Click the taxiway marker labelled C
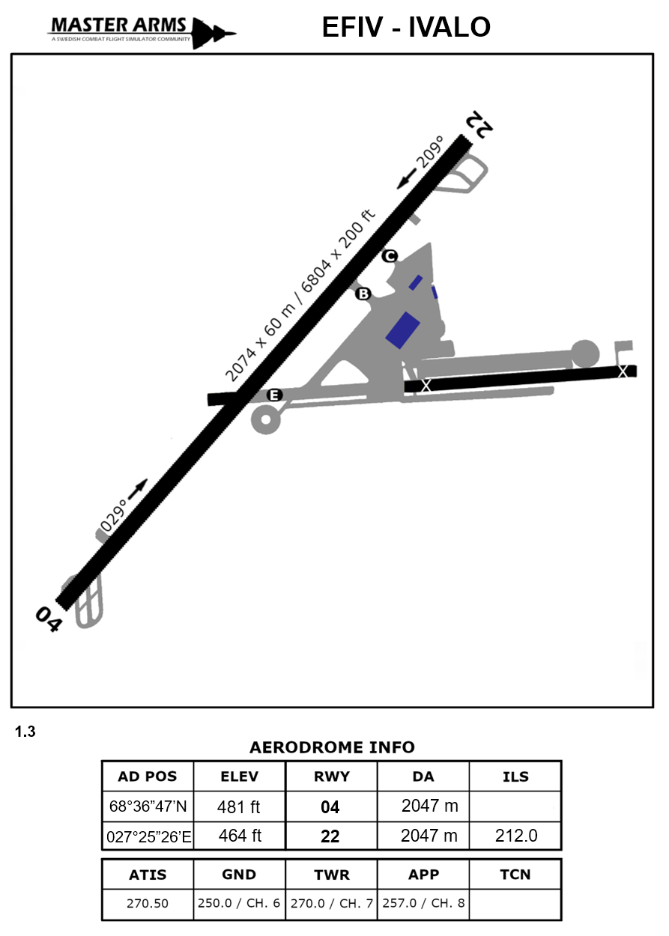[x=390, y=257]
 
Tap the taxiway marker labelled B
[x=363, y=294]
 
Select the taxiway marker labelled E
[x=275, y=395]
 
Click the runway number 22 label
[x=479, y=124]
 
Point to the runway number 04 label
[x=48, y=619]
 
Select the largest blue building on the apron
[x=402, y=329]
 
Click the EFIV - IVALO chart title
[x=406, y=27]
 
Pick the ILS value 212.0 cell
[x=515, y=836]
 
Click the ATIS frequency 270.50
[x=148, y=903]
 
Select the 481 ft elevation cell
[x=239, y=807]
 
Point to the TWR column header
[x=330, y=875]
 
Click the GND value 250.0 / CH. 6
[x=239, y=903]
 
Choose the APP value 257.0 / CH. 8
[x=423, y=903]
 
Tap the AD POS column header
[x=148, y=777]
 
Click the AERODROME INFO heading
[x=331, y=747]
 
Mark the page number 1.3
[x=25, y=732]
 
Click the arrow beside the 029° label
[x=138, y=489]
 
